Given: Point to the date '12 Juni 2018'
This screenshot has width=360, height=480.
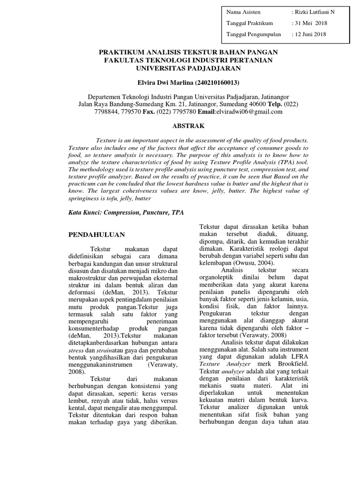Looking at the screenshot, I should (312, 34).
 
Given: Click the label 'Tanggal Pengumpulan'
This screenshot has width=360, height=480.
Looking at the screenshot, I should (254, 34).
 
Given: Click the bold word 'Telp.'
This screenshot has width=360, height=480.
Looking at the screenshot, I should (276, 104).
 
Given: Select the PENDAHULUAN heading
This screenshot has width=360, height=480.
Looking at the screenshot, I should (97, 234).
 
